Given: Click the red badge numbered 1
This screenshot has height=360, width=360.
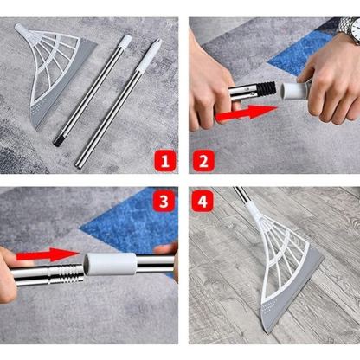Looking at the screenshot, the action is pyautogui.click(x=164, y=161).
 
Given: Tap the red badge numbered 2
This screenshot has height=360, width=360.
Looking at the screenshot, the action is pyautogui.click(x=203, y=161).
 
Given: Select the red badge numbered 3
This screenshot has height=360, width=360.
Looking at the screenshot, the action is pyautogui.click(x=164, y=201).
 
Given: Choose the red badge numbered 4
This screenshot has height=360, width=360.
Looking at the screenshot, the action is pyautogui.click(x=202, y=201).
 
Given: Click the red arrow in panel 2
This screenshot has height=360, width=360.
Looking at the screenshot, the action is pyautogui.click(x=246, y=113).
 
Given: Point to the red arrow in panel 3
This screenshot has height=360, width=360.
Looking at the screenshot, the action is pyautogui.click(x=48, y=254).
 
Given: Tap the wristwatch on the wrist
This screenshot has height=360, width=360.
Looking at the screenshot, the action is pyautogui.click(x=350, y=29).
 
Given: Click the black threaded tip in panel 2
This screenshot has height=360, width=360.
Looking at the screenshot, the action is pyautogui.click(x=266, y=89).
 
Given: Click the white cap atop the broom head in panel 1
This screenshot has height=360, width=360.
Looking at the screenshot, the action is pyautogui.click(x=21, y=29).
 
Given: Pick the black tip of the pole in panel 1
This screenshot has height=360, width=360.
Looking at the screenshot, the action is pyautogui.click(x=57, y=141).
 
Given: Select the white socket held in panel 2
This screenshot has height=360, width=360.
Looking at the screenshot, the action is pyautogui.click(x=295, y=90).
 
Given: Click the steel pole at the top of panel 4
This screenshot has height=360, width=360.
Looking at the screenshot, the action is pyautogui.click(x=241, y=196).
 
